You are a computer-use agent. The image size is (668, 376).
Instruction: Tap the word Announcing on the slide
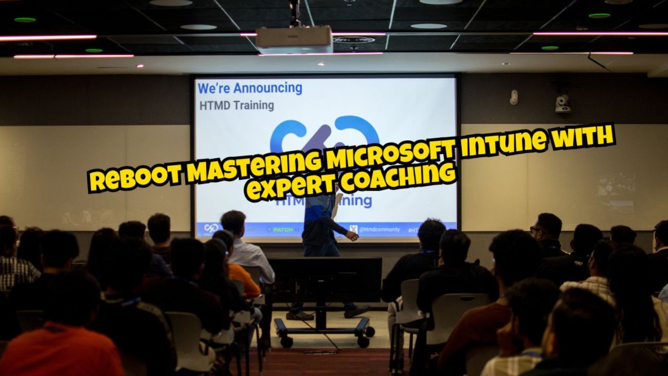point(268,88)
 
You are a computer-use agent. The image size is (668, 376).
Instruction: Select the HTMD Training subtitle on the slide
point(237,105)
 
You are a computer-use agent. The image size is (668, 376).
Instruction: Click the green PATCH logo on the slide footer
point(283,230)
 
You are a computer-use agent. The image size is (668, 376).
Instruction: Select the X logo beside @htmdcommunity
point(353,229)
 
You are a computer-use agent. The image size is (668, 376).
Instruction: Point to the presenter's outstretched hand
point(353,236)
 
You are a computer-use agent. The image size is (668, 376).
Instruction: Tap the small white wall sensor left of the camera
point(514,98)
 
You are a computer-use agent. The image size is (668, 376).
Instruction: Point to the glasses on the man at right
point(535,229)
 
